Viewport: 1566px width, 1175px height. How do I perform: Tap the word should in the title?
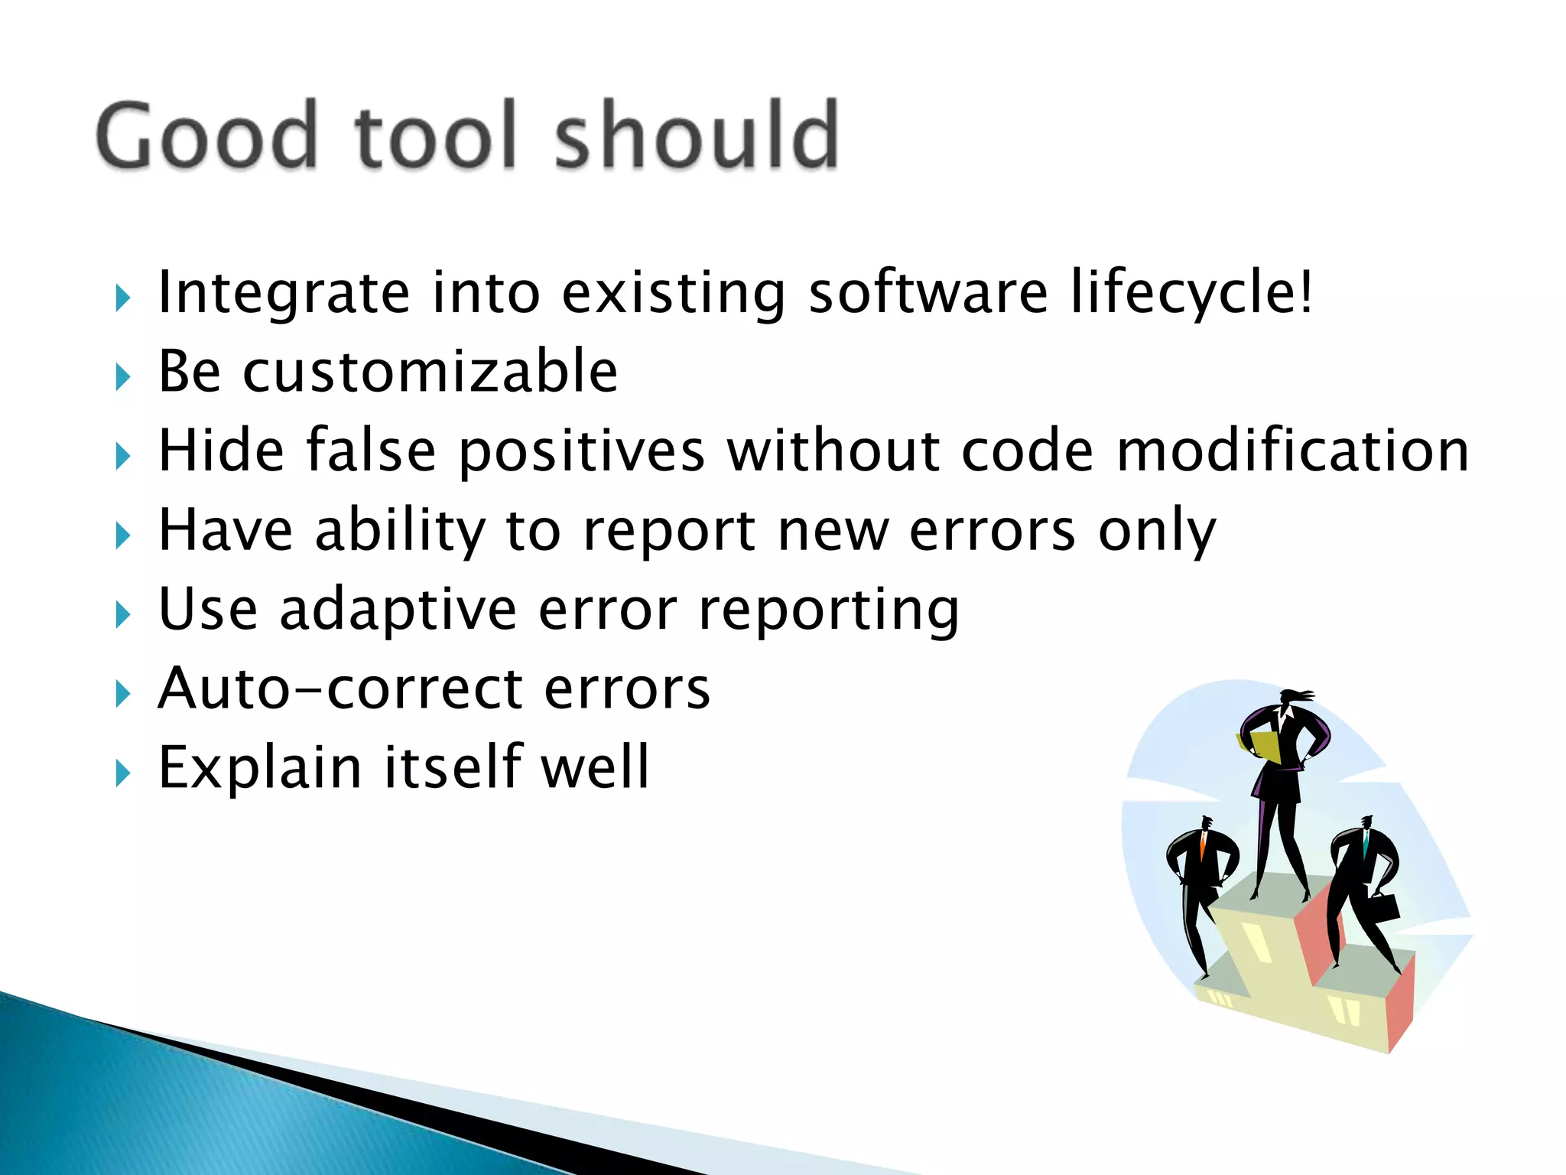click(x=696, y=136)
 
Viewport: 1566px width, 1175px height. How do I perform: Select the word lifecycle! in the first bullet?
click(x=1191, y=294)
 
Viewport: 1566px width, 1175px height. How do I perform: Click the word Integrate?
click(x=284, y=294)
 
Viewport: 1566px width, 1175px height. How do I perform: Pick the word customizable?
click(x=430, y=373)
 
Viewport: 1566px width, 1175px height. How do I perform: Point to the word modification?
click(x=1292, y=451)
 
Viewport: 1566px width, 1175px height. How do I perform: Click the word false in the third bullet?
click(x=372, y=451)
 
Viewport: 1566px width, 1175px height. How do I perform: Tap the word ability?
click(x=400, y=531)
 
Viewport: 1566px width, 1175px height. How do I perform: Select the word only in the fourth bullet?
click(x=1156, y=531)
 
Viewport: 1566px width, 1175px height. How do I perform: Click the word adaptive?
click(x=398, y=610)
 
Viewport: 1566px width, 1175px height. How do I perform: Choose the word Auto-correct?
click(x=434, y=688)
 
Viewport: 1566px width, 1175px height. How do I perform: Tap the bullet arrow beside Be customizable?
click(x=123, y=377)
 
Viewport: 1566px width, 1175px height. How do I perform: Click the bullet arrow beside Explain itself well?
click(x=123, y=773)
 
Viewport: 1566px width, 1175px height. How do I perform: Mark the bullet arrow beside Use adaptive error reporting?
click(x=123, y=615)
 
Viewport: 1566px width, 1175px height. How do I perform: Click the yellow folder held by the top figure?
click(x=1263, y=746)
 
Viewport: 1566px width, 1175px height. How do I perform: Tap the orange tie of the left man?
click(x=1203, y=846)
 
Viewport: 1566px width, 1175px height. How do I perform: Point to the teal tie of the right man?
click(x=1366, y=845)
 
